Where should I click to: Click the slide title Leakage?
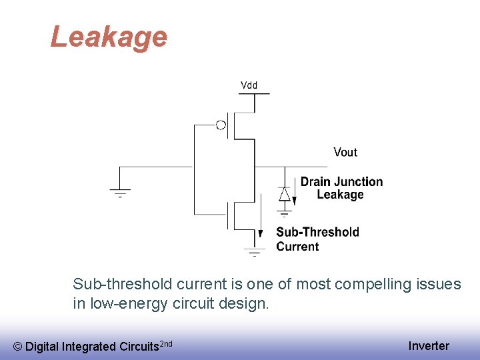[109, 37]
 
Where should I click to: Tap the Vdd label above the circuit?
[249, 85]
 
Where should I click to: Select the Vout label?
[345, 152]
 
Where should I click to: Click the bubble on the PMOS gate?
[221, 124]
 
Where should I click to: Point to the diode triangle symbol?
[285, 194]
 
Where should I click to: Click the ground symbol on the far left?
[120, 193]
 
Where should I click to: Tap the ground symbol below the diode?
[285, 213]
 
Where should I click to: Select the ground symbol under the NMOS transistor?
[255, 253]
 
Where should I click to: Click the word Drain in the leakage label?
[315, 181]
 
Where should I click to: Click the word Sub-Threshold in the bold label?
[317, 232]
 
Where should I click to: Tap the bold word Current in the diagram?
[297, 246]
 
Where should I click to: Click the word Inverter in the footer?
[429, 345]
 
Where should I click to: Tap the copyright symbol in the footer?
[18, 346]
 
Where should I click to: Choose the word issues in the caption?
[439, 285]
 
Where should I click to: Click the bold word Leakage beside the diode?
[340, 195]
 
